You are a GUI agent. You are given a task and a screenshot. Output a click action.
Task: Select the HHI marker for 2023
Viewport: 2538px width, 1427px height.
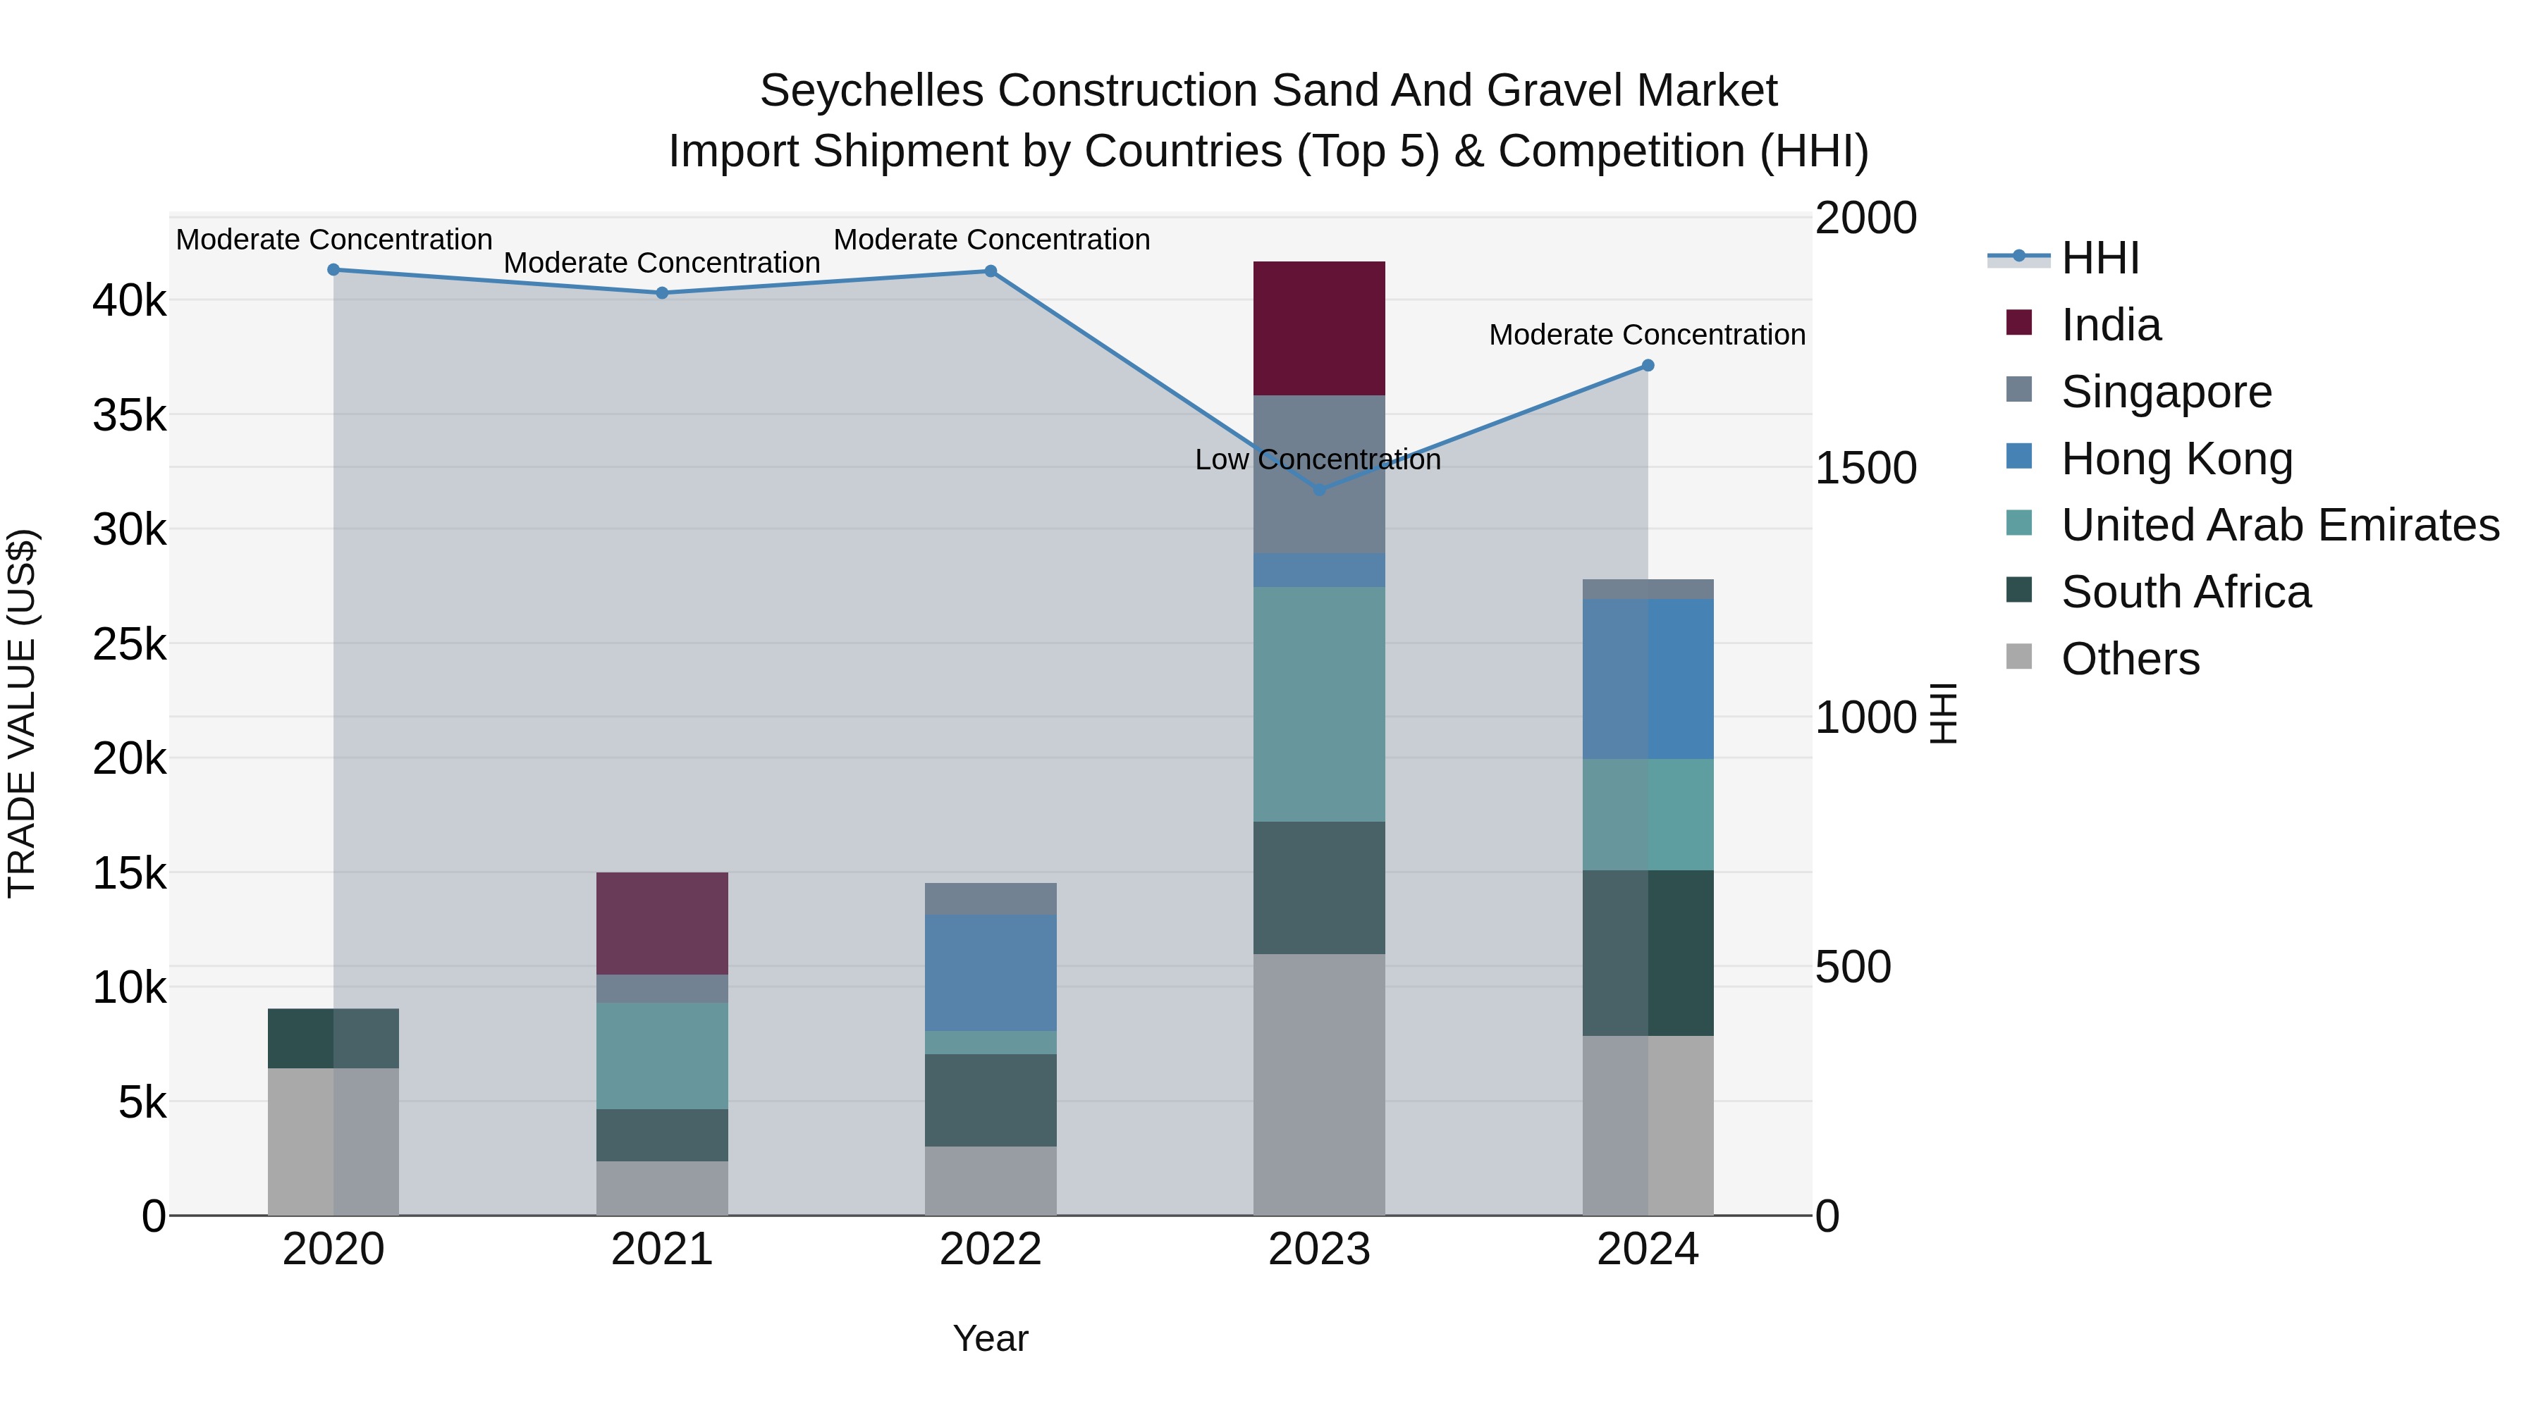click(1319, 490)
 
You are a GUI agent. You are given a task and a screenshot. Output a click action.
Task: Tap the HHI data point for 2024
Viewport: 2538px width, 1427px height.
click(1648, 365)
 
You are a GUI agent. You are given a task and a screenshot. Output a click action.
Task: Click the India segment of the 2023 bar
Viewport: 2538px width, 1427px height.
click(1318, 328)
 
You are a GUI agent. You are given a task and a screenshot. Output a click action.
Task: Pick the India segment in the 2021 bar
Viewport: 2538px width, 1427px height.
click(662, 922)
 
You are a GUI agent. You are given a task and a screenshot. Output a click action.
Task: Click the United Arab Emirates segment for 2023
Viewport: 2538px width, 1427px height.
click(1318, 704)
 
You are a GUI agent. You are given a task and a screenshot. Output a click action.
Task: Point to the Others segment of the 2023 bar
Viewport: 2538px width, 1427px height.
click(1318, 1083)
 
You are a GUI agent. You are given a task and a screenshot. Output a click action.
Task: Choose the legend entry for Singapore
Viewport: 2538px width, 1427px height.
click(2166, 391)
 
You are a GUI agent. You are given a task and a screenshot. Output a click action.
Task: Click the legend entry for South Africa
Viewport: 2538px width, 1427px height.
click(2185, 592)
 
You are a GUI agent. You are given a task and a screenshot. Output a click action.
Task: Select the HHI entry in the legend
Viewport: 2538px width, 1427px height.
click(2099, 258)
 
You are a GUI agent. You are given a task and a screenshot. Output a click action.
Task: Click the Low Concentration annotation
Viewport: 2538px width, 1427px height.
click(1317, 460)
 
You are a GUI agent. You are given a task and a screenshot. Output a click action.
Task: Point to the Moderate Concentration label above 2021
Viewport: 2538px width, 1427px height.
click(662, 263)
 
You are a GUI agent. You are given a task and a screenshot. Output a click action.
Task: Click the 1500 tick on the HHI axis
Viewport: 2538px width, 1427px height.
click(1865, 468)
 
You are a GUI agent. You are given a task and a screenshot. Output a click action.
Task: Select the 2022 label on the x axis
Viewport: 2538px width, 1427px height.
click(991, 1249)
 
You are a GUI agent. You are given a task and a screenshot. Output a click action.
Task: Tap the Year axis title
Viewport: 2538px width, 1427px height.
click(991, 1338)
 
